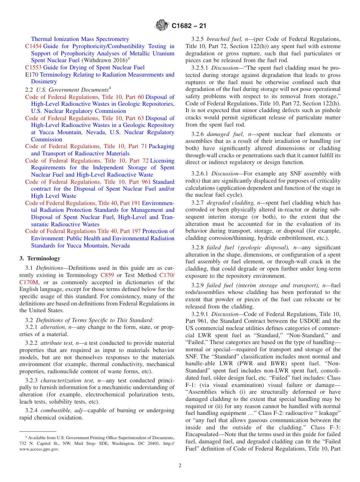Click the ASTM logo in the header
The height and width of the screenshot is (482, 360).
162,26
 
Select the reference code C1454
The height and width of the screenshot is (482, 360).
33,46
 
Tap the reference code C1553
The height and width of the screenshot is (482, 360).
33,67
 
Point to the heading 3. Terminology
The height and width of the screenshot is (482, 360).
40,258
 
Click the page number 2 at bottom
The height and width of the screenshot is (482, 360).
180,465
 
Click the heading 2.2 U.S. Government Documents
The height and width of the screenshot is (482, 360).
68,90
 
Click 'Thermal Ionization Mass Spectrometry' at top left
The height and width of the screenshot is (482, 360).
80,39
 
